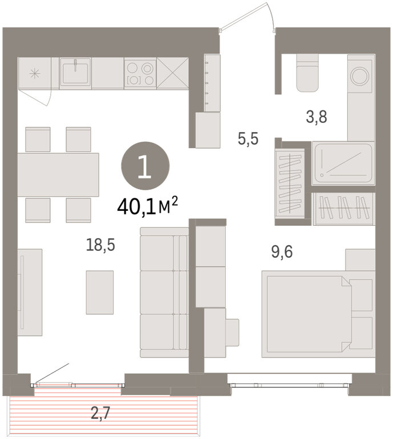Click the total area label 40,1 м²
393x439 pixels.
[x=148, y=206]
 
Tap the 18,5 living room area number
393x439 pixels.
[x=100, y=245]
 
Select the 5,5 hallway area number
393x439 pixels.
[x=248, y=139]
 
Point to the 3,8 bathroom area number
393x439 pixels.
[x=317, y=117]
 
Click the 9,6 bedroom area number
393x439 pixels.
[x=282, y=252]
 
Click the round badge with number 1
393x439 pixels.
[x=145, y=166]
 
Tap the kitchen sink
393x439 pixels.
[x=75, y=73]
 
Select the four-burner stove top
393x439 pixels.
[x=140, y=74]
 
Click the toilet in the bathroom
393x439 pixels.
[x=307, y=73]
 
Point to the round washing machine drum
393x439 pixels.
[x=359, y=76]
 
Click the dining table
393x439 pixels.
[x=58, y=175]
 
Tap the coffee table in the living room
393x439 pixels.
[x=100, y=292]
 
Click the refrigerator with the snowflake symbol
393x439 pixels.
[x=35, y=74]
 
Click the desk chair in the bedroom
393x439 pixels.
[x=232, y=333]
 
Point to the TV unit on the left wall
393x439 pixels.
[x=30, y=292]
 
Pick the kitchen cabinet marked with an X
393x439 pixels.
[x=172, y=73]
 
